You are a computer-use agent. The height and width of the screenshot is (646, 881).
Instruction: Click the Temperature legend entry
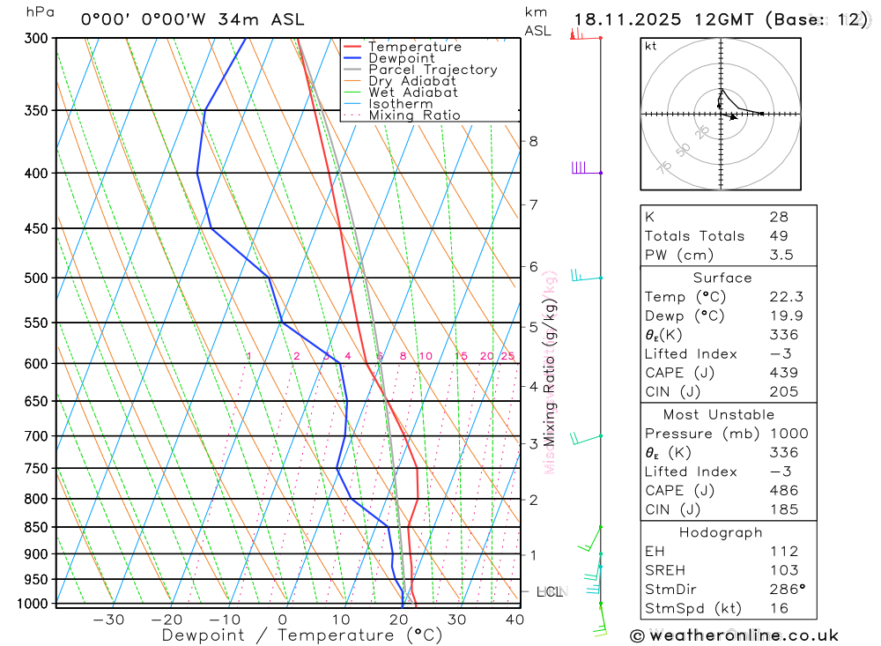(x=414, y=47)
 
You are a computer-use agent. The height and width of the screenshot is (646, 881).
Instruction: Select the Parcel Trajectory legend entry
(x=433, y=70)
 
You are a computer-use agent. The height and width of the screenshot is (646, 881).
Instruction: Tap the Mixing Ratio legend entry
(x=414, y=115)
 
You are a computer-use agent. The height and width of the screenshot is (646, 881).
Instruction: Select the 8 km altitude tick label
(x=533, y=141)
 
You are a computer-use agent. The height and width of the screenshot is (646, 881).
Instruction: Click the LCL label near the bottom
(x=550, y=592)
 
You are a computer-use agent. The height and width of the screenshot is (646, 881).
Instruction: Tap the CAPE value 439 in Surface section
(x=783, y=373)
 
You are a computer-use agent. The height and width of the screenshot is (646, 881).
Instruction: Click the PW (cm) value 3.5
(x=781, y=255)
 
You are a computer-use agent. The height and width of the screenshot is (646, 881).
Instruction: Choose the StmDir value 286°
(x=783, y=590)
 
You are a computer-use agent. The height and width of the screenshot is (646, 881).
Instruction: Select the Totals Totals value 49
(x=779, y=235)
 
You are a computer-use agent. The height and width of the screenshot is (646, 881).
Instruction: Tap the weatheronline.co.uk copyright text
(x=734, y=635)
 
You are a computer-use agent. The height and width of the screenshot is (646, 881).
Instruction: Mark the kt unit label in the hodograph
(x=651, y=46)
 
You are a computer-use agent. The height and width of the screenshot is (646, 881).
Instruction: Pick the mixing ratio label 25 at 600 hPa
(x=507, y=356)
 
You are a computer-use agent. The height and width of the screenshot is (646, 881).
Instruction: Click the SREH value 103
(x=783, y=570)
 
